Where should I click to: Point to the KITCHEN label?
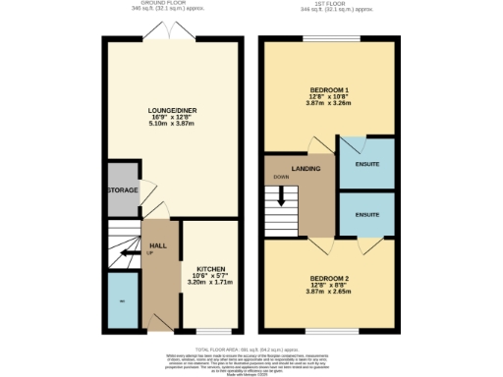pyautogui.click(x=212, y=267)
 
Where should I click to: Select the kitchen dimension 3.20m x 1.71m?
pyautogui.click(x=212, y=283)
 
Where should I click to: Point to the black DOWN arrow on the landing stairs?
pyautogui.click(x=282, y=195)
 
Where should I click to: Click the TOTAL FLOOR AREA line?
pyautogui.click(x=251, y=350)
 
